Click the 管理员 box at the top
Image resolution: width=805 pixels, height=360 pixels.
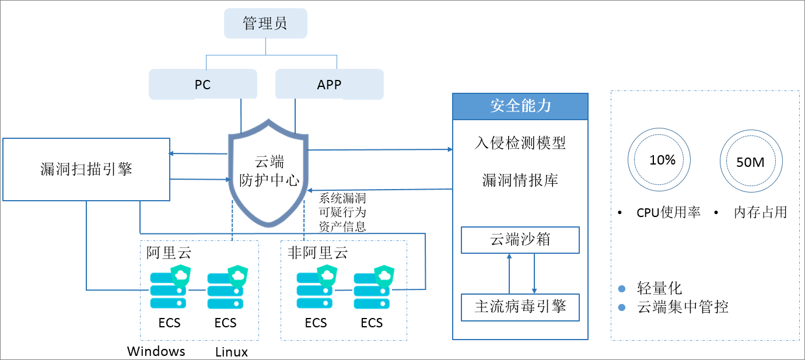point(265,24)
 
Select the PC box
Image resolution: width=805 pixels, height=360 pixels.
point(202,85)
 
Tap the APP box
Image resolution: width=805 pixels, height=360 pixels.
point(329,85)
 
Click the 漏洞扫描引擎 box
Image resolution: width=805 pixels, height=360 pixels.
point(86,170)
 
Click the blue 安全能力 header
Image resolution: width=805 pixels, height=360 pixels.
point(520,106)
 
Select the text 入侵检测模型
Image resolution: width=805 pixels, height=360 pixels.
point(520,143)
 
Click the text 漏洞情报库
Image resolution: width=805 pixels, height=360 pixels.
point(520,180)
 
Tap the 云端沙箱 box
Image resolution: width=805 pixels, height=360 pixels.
point(520,240)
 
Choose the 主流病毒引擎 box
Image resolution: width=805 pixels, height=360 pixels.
point(520,307)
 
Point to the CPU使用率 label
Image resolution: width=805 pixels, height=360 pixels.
point(668,213)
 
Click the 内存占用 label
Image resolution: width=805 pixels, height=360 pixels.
point(760,213)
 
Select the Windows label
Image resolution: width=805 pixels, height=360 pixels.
point(156,351)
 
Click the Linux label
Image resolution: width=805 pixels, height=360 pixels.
point(232,352)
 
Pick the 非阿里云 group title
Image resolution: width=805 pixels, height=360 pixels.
point(317,253)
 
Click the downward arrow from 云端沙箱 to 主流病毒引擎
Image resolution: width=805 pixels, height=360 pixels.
point(534,274)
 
